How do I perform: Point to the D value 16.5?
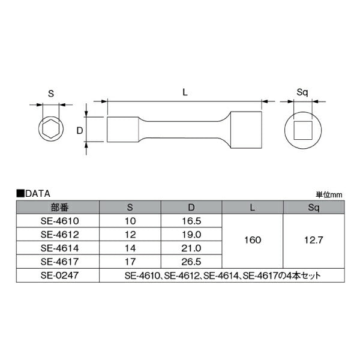(191, 221)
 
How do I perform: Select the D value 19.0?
(191, 235)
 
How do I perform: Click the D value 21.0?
(191, 248)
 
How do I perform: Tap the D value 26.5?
(191, 262)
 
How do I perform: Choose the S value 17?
(130, 262)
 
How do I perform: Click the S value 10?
(130, 221)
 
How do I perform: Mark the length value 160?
(253, 241)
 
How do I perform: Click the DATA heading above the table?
(37, 194)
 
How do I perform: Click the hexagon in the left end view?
(50, 129)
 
